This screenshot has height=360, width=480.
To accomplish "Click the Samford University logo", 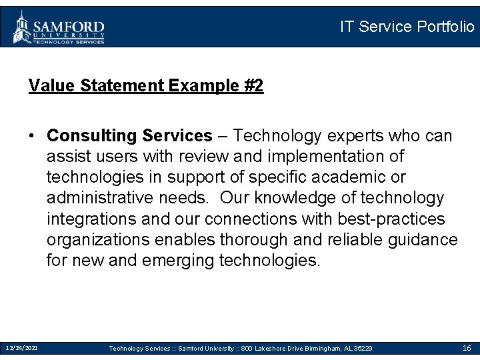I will [59, 27].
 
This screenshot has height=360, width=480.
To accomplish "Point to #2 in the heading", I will [253, 86].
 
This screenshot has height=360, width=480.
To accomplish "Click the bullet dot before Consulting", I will [32, 137].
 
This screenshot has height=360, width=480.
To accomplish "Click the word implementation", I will [320, 157].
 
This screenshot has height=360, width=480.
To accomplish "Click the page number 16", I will [467, 348].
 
